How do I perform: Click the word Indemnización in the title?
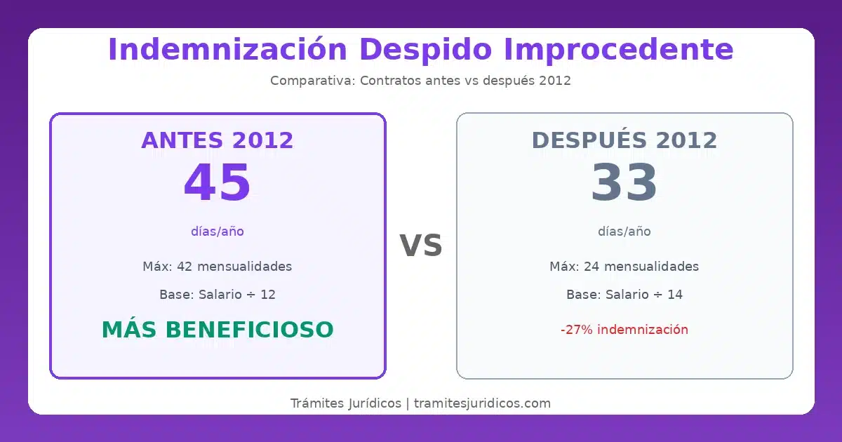(x=228, y=51)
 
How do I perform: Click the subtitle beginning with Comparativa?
(x=420, y=81)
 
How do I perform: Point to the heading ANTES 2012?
(x=218, y=140)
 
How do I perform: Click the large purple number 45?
(x=218, y=184)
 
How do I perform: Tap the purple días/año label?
(x=218, y=232)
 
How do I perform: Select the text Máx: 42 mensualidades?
(x=218, y=267)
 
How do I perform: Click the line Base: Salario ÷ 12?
(x=218, y=295)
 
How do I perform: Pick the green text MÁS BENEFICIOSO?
(x=218, y=330)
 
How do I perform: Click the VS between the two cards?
(x=421, y=246)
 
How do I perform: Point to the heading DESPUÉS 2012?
(x=624, y=140)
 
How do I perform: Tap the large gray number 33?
(x=624, y=184)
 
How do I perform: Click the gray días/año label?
(x=624, y=232)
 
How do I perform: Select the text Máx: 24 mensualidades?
(x=624, y=267)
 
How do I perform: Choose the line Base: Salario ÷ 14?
(x=624, y=295)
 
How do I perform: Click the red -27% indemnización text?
(x=624, y=330)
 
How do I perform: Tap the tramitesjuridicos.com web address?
(x=482, y=403)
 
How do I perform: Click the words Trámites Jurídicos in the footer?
(x=345, y=403)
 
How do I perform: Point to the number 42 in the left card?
(x=185, y=267)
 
